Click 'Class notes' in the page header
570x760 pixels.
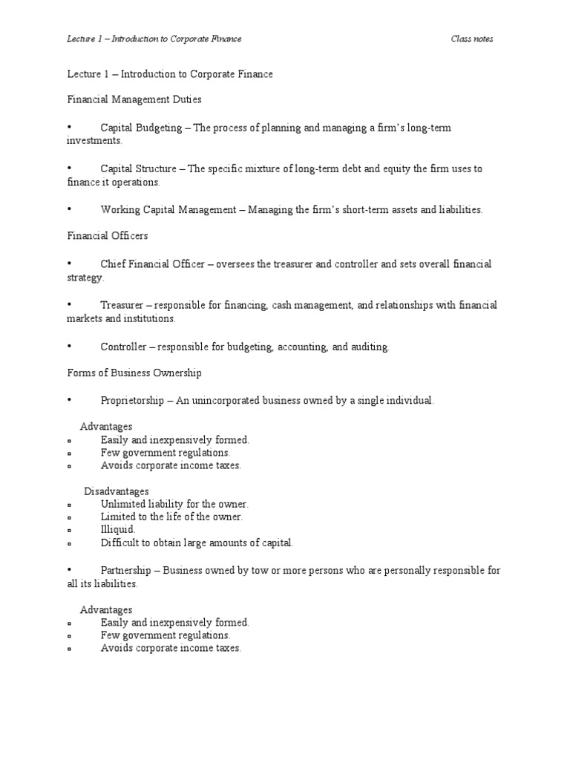[472, 39]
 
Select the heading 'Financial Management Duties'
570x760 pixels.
[134, 98]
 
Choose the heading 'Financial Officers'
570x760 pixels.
[108, 236]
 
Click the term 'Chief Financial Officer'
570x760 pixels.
[152, 264]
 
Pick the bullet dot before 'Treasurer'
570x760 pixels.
[69, 305]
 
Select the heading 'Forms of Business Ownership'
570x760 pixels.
[134, 373]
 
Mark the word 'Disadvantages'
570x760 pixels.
[117, 491]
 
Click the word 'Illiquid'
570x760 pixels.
[118, 530]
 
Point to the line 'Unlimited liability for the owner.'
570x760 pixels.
[174, 504]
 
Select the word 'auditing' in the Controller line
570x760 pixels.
[369, 347]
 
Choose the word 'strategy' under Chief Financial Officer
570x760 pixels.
[85, 278]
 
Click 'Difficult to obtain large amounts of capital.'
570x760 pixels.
[197, 543]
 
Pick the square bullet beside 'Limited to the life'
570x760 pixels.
[69, 517]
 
